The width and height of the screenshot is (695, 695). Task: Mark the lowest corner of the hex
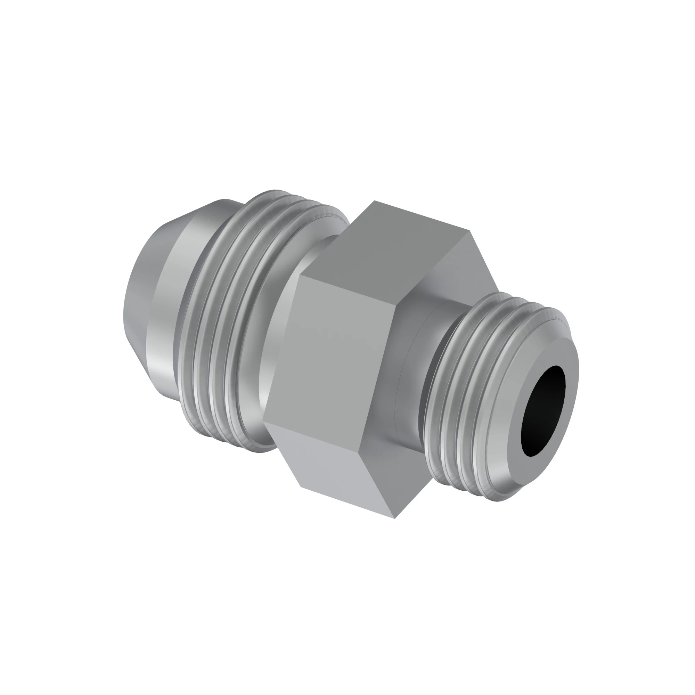tap(395, 518)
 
